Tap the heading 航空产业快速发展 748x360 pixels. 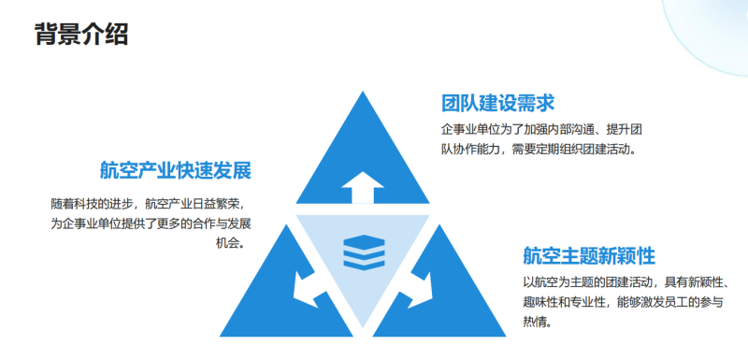176,171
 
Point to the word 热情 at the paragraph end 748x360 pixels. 536,323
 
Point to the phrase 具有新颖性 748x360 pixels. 693,282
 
